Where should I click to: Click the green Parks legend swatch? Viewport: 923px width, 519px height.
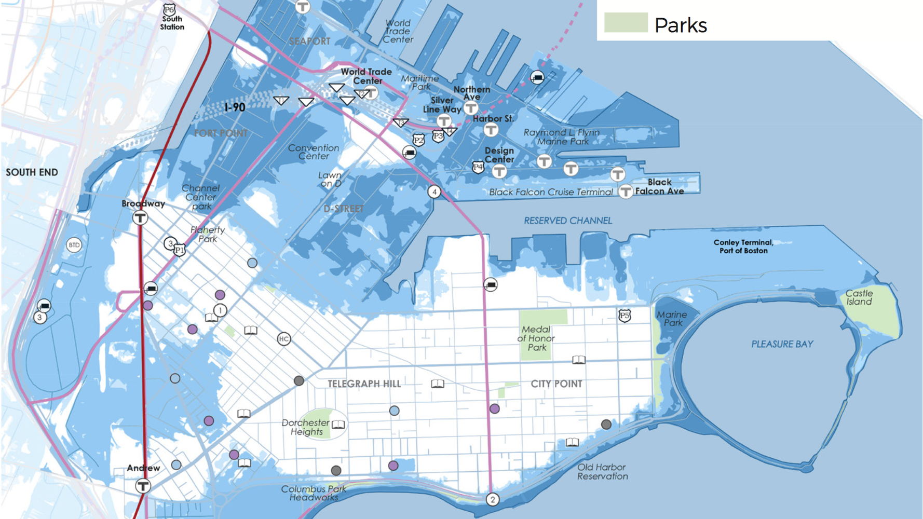626,23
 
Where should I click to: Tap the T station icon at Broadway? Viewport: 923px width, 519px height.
140,217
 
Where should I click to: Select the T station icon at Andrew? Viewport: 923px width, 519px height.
143,486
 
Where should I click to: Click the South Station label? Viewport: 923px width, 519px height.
172,23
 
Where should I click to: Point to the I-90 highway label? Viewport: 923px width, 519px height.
235,107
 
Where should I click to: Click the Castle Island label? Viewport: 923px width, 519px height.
859,297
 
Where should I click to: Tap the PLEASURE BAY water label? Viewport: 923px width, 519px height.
782,344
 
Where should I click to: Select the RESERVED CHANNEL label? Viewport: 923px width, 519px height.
567,221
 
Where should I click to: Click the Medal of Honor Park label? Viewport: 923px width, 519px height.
536,338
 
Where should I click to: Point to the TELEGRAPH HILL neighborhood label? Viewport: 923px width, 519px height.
364,384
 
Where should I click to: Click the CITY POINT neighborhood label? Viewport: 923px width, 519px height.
556,384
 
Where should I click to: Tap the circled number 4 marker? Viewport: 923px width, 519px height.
435,192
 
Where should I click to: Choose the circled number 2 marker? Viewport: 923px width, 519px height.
492,499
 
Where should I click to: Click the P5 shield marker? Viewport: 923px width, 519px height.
625,315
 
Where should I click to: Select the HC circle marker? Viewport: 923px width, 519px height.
283,339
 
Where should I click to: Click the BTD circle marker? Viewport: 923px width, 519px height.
74,245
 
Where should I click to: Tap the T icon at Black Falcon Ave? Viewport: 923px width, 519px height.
626,192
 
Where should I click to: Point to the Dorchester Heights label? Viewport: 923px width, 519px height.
306,427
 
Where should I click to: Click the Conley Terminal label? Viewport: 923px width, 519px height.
743,246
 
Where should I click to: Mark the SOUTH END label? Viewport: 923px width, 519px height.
32,172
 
